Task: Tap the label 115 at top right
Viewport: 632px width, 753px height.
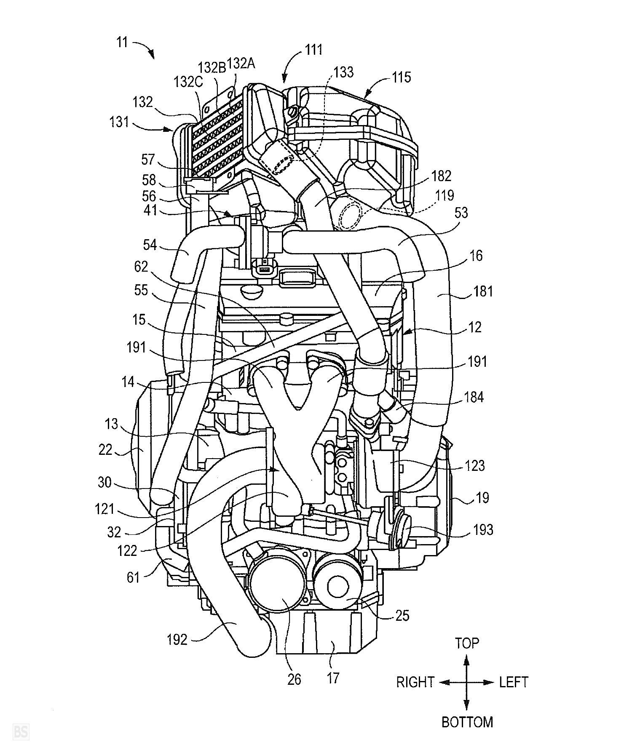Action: click(401, 77)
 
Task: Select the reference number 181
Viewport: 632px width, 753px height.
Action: click(483, 291)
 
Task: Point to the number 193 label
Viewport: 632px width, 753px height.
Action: click(483, 529)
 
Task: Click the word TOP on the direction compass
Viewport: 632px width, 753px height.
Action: click(467, 643)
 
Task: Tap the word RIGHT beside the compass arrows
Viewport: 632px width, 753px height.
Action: click(415, 682)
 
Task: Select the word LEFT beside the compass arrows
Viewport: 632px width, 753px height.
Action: click(514, 682)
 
